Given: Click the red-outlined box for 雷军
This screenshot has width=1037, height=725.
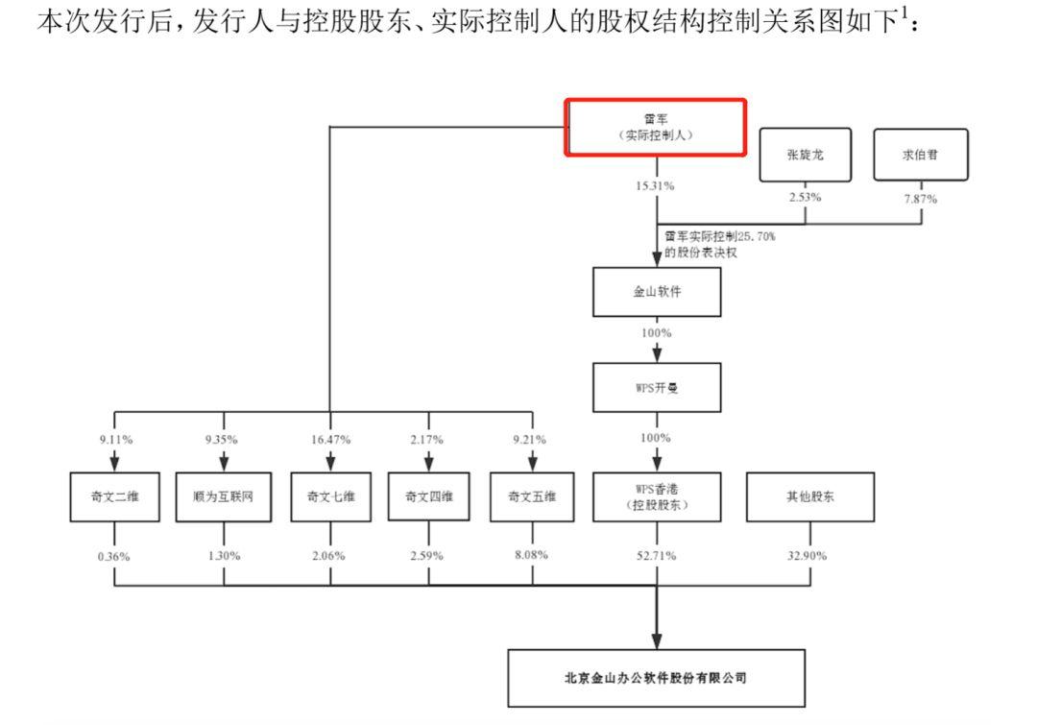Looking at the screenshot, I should pos(656,127).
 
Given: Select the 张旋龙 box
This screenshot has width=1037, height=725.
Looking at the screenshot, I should pos(805,155).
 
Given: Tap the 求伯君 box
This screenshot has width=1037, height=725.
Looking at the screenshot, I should pos(920,155).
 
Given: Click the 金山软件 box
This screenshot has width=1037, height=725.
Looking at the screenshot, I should pos(657,292).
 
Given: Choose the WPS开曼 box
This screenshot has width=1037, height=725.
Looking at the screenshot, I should pos(657,388).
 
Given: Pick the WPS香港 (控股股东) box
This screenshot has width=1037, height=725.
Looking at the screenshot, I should pos(657,496).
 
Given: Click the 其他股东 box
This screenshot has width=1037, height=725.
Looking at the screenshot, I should pos(810,496).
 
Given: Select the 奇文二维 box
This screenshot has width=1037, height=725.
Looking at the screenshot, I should pos(115,496).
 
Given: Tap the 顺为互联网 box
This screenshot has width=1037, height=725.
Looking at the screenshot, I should pos(224,496).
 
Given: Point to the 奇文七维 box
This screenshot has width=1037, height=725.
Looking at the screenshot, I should pos(330,496).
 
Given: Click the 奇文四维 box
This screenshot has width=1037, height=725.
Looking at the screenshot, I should pos(428,496).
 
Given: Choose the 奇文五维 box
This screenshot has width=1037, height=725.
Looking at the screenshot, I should pos(532,496).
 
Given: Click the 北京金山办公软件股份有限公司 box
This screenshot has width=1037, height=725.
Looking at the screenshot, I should pos(656,678).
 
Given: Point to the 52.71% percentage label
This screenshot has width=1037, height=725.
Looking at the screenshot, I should pos(657,556).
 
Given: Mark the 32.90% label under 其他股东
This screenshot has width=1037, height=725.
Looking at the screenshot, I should pos(810,556).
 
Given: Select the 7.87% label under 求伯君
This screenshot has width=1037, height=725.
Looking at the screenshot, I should pos(920,199).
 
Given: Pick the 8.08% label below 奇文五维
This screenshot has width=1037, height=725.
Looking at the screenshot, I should pos(532,556).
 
